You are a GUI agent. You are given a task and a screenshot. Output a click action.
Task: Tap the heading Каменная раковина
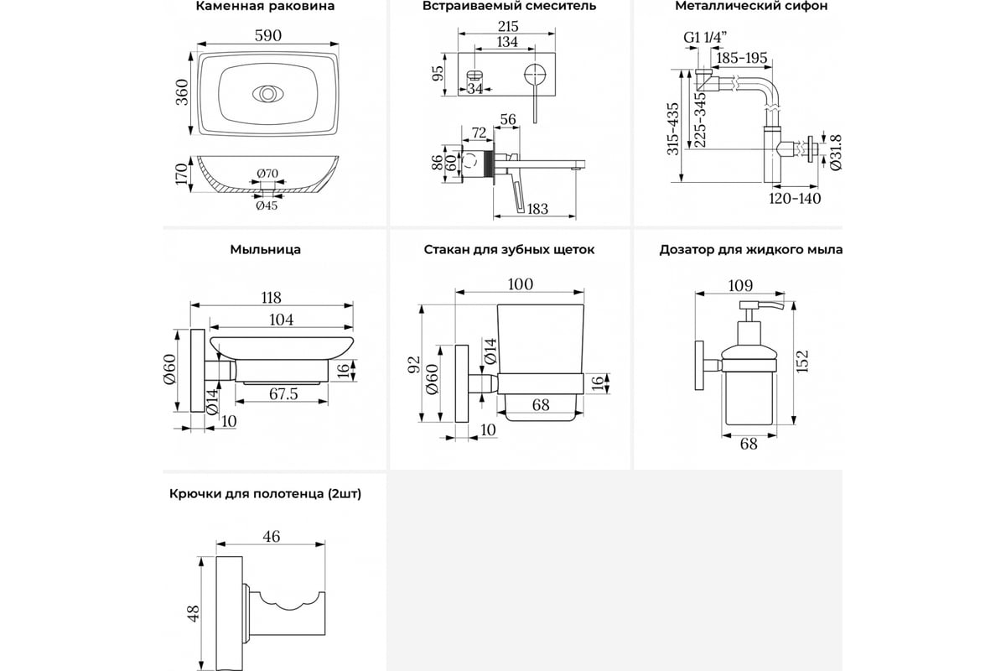click(x=265, y=7)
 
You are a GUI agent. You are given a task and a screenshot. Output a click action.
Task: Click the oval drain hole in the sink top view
click(x=267, y=92)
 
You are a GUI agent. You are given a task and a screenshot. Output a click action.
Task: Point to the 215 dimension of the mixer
click(x=507, y=26)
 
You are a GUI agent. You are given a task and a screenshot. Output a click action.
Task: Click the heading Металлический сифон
click(x=751, y=7)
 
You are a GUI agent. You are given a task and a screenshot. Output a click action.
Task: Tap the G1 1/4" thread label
click(x=703, y=38)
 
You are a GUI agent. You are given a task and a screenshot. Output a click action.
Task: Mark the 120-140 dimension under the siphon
click(x=795, y=199)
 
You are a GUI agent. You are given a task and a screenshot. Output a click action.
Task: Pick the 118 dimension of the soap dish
click(x=270, y=298)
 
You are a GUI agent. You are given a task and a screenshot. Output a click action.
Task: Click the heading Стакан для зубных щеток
click(x=509, y=250)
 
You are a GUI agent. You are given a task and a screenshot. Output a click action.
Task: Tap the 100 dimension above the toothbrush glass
click(x=520, y=284)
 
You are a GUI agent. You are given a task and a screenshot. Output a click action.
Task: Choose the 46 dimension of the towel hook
click(x=270, y=537)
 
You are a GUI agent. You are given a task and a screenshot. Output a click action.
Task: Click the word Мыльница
click(x=265, y=250)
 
